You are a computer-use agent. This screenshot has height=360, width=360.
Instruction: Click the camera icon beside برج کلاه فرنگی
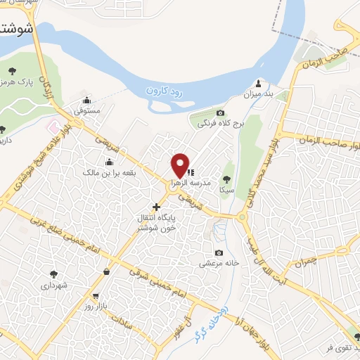[x=220, y=113]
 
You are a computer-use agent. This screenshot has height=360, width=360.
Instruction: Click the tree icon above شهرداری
[x=53, y=275]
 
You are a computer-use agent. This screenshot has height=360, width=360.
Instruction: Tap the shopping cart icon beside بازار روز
[x=96, y=297]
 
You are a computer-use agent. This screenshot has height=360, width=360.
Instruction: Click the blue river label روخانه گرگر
[x=215, y=317]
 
